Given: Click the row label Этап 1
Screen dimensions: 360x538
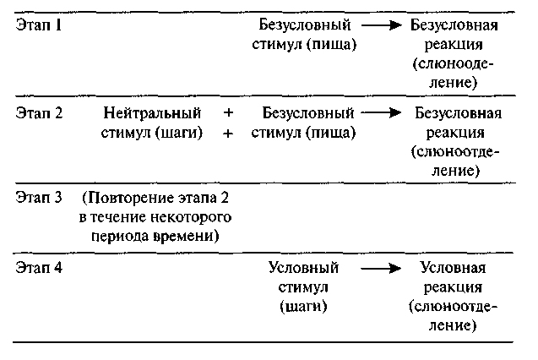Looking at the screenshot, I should [x=39, y=25].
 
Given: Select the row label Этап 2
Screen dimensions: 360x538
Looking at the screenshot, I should [x=39, y=112].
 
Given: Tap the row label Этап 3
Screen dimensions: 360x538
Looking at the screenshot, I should [x=39, y=199].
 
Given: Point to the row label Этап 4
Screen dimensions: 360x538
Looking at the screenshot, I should [x=39, y=268].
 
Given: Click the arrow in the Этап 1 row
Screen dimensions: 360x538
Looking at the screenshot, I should [x=381, y=25].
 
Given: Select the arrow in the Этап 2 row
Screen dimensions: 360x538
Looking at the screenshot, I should [x=382, y=113].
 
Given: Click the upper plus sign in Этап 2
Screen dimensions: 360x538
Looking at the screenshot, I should [x=228, y=113].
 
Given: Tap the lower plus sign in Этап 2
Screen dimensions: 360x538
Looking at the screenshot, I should [x=228, y=133].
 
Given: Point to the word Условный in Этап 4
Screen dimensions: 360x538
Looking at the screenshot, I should [x=302, y=268].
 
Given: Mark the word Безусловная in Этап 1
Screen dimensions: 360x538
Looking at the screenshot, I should [x=452, y=25].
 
